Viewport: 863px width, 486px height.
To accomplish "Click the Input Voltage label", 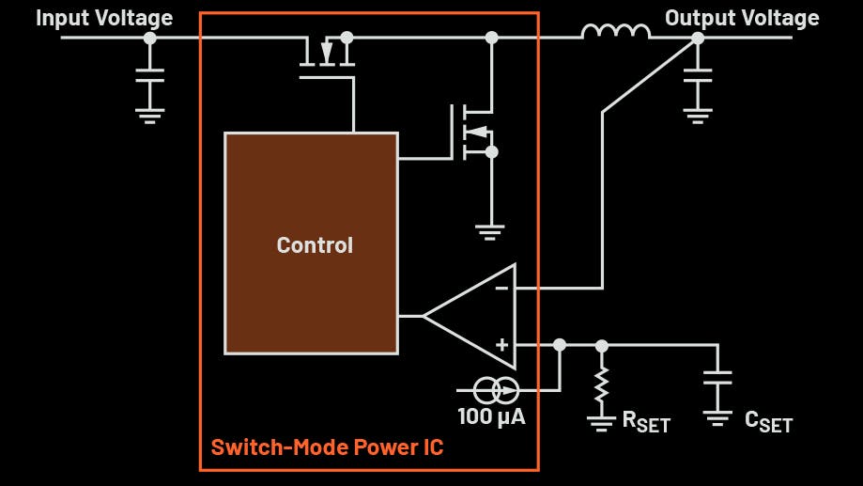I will point(104,18).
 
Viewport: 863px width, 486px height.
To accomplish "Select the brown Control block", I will point(311,243).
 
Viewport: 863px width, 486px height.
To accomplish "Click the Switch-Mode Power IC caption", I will point(327,447).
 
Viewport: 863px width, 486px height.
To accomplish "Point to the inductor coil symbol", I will point(615,33).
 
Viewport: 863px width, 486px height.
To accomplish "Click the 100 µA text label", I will point(491,415).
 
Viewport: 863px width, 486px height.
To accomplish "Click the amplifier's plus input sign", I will point(502,345).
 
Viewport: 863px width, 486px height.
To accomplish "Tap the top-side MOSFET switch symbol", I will point(327,56).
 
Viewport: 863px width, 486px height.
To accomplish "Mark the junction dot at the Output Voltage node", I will point(697,38).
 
